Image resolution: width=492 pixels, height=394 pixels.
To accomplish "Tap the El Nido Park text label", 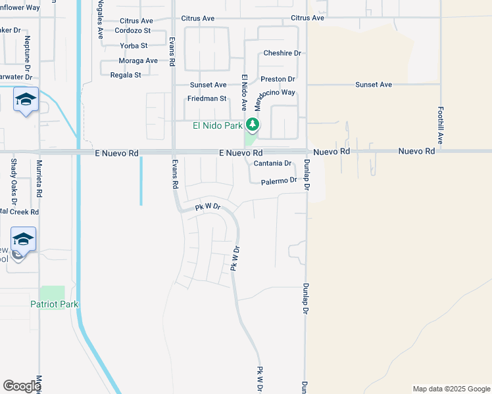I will click(217, 125).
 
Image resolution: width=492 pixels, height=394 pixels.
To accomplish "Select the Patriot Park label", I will click(54, 304).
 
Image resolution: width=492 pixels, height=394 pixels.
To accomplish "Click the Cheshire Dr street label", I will click(282, 53).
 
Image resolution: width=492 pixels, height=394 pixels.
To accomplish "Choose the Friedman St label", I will click(207, 98).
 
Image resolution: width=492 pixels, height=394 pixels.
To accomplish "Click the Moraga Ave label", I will click(138, 60).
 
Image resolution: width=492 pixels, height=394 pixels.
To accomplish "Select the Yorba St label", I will click(134, 45).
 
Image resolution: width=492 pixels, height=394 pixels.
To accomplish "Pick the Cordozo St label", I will click(133, 30).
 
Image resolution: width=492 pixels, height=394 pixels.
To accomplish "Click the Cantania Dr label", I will click(272, 163).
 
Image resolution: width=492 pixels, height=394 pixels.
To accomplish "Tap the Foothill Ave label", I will click(441, 125).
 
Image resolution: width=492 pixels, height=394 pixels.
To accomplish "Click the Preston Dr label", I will click(278, 79).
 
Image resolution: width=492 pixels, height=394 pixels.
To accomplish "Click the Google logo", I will click(21, 386).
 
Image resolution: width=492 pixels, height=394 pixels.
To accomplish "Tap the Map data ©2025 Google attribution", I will click(451, 389).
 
